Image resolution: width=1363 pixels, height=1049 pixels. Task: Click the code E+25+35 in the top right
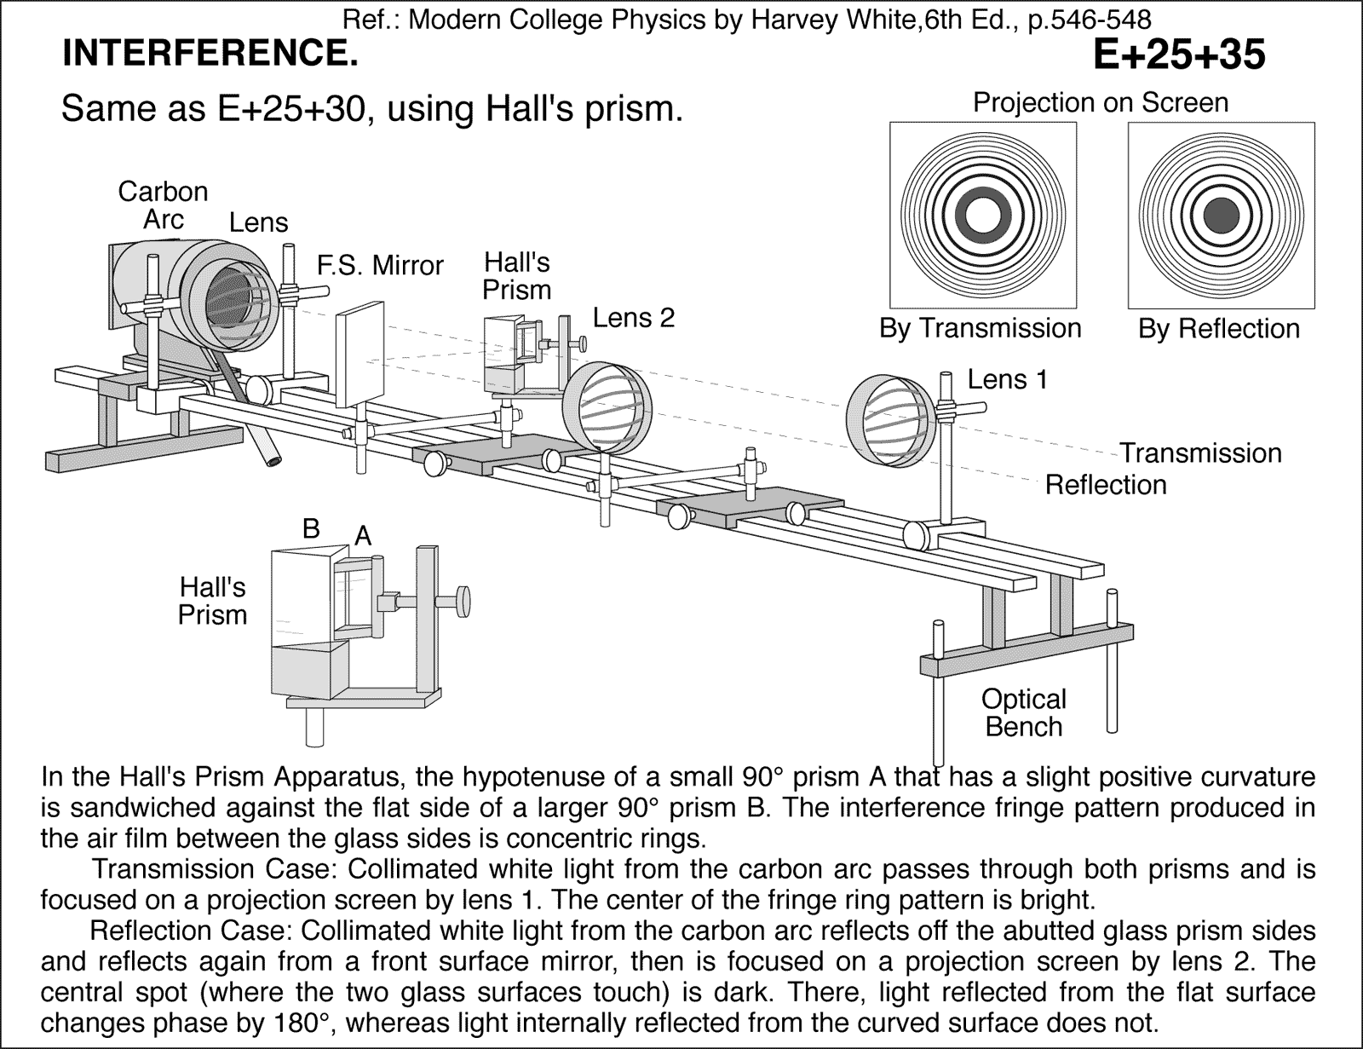click(x=1178, y=55)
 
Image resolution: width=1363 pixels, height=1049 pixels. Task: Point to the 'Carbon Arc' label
click(x=163, y=205)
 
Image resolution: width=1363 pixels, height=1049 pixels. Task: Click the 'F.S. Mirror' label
click(x=380, y=266)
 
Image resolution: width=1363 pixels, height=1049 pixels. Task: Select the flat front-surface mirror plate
click(x=359, y=358)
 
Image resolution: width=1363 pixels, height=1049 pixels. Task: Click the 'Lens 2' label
click(x=633, y=318)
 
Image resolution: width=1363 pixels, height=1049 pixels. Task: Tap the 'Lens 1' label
click(x=1007, y=379)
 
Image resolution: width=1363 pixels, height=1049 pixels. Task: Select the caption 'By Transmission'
click(x=980, y=328)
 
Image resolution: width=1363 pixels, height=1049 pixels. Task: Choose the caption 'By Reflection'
click(x=1219, y=329)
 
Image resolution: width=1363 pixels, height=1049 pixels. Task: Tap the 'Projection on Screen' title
click(x=1101, y=103)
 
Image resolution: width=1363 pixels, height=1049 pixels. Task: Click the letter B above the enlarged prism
click(x=311, y=528)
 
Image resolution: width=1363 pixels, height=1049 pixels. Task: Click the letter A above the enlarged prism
click(x=363, y=536)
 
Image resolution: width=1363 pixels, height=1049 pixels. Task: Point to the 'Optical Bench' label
click(x=1023, y=713)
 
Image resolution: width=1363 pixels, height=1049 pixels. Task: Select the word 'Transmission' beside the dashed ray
click(x=1199, y=452)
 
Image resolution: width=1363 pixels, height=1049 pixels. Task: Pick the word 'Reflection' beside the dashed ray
click(x=1106, y=485)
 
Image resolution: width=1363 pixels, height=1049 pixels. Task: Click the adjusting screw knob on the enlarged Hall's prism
click(x=464, y=601)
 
